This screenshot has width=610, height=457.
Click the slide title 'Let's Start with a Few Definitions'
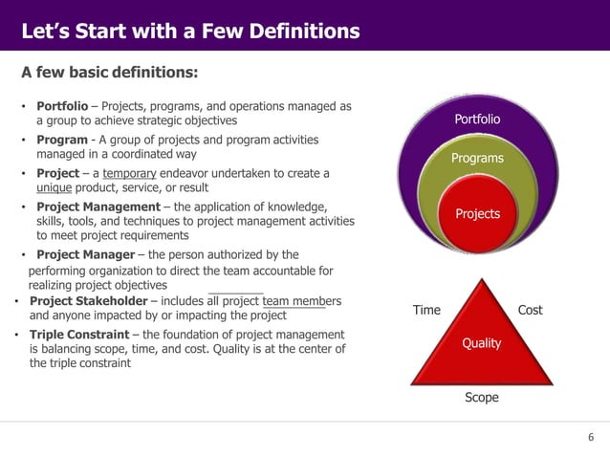click(x=190, y=32)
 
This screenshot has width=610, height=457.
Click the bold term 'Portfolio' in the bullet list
click(x=64, y=105)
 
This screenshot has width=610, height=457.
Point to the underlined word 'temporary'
click(x=135, y=173)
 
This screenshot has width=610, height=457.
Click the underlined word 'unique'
click(x=54, y=188)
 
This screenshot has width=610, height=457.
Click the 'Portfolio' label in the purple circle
click(x=477, y=120)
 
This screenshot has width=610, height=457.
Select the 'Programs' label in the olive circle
click(x=477, y=157)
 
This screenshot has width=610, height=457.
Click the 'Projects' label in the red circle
click(x=477, y=213)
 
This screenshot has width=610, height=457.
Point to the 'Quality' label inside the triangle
click(x=481, y=342)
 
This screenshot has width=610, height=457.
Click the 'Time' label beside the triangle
click(x=426, y=311)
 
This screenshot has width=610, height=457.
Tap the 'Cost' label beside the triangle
click(x=530, y=311)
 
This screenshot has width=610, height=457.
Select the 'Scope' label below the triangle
click(x=481, y=397)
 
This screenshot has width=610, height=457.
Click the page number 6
click(x=590, y=437)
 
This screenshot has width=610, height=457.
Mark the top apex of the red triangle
click(x=481, y=278)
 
